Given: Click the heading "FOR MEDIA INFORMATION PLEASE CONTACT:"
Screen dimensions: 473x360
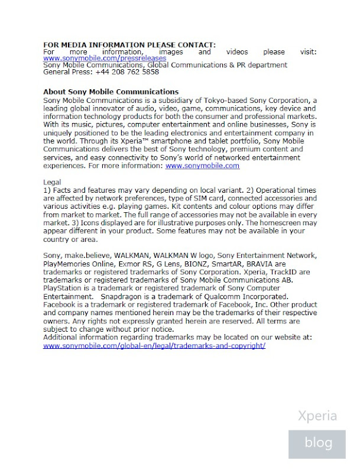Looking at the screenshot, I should pyautogui.click(x=129, y=45).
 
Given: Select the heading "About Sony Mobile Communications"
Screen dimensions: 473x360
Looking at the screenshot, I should pyautogui.click(x=111, y=92).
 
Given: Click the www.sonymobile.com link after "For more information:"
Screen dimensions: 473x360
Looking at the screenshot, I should pyautogui.click(x=202, y=166).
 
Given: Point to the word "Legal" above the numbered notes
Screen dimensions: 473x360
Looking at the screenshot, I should pyautogui.click(x=53, y=183).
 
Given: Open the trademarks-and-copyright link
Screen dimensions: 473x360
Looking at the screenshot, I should pyautogui.click(x=154, y=345).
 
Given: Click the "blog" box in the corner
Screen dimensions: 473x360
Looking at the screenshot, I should pyautogui.click(x=318, y=442).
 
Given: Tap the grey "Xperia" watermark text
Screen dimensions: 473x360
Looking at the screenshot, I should pyautogui.click(x=317, y=415).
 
